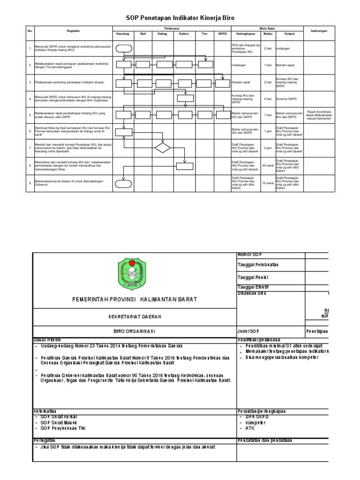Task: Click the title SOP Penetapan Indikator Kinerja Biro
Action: (180, 18)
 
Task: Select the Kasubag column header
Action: (123, 34)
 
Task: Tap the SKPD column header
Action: (221, 34)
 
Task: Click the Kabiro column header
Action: (183, 34)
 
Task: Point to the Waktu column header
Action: (268, 34)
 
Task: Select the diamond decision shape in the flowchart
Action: (164, 148)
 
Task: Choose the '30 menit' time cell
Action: (268, 165)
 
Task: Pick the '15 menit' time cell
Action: (268, 182)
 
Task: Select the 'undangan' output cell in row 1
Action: (284, 48)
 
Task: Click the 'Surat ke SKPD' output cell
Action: (286, 99)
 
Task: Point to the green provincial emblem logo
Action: (134, 275)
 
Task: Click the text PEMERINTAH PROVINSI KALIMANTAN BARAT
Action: (134, 299)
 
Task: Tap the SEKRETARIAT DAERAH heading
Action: (134, 317)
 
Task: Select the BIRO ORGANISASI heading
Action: (134, 331)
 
